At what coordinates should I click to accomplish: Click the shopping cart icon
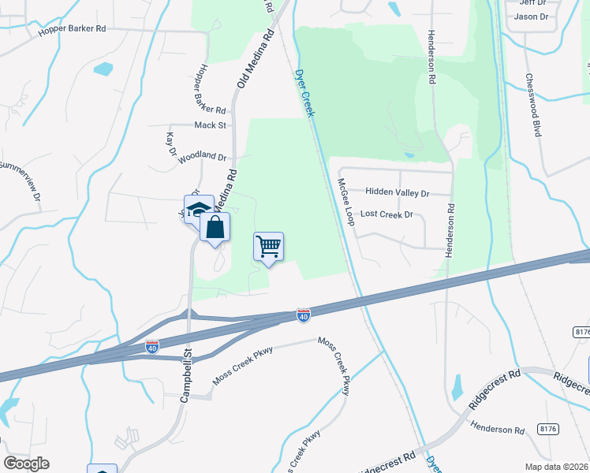268,247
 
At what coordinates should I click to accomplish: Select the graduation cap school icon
200,209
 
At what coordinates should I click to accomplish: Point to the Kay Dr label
170,144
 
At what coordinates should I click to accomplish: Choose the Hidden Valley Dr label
397,192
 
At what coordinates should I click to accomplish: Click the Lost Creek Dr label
386,214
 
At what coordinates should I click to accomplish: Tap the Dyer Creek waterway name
304,93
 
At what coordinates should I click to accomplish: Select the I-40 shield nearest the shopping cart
303,315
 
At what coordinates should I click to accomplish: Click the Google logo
26,464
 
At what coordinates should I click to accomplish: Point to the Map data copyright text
556,467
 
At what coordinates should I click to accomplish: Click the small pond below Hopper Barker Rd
103,69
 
